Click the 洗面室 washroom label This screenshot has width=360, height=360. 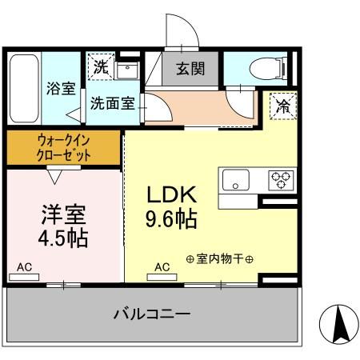click(x=111, y=102)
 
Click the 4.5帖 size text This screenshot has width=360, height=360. click(x=62, y=238)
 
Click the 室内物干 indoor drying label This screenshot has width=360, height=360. click(x=219, y=259)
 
